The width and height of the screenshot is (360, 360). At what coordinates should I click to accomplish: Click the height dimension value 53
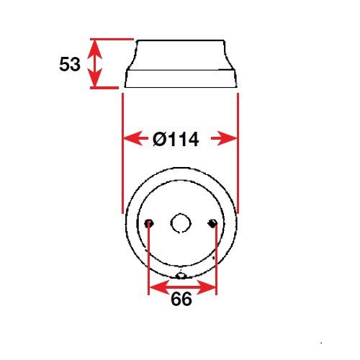tap(70, 64)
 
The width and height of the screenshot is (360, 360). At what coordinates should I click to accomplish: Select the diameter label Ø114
tap(176, 139)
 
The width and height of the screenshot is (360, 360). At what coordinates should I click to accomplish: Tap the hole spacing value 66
tap(181, 299)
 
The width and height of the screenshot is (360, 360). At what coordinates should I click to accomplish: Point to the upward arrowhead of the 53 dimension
tap(95, 49)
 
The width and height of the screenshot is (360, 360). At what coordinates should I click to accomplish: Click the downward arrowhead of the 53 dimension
tap(95, 77)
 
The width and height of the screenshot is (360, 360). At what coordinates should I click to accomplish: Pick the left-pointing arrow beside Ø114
tap(135, 138)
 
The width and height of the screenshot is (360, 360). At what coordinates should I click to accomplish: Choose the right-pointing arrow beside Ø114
tap(224, 138)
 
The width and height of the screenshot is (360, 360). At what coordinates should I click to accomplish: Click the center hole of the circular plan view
tap(181, 223)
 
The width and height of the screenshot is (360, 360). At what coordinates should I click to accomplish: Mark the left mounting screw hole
tap(149, 223)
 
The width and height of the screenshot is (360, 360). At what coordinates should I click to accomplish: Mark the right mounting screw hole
tap(212, 223)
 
